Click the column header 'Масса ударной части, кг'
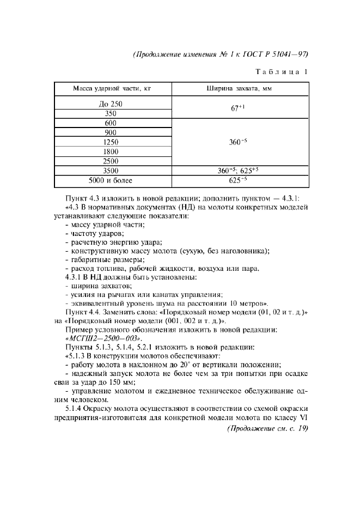pyautogui.click(x=113, y=89)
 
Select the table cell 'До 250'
pyautogui.click(x=113, y=104)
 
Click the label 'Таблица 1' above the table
pyautogui.click(x=282, y=71)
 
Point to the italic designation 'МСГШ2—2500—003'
pyautogui.click(x=101, y=338)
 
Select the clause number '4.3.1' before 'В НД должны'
pyautogui.click(x=74, y=277)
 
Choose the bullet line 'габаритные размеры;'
pyautogui.click(x=103, y=260)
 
